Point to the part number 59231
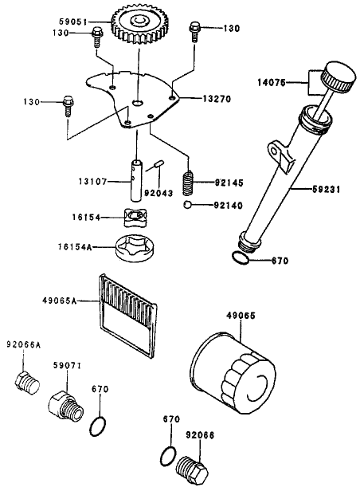coord(327,190)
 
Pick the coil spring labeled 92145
coord(190,183)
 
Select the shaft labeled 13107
coord(136,183)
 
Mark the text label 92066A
coord(24,345)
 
